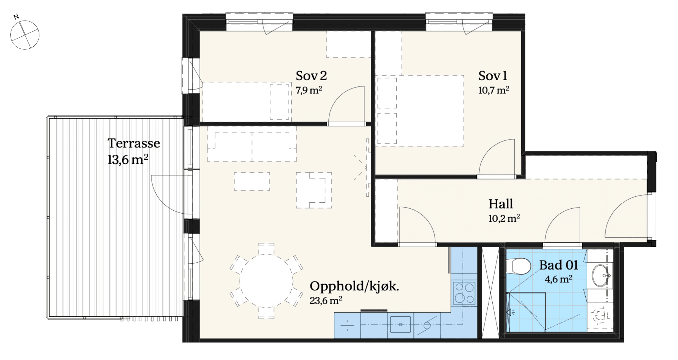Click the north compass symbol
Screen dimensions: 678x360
24,34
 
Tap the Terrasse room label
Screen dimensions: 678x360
134,143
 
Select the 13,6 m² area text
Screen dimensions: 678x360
128,160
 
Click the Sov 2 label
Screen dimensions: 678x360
311,76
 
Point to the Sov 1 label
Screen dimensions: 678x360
493,76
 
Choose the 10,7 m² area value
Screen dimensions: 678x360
494,90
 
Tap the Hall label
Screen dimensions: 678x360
501,204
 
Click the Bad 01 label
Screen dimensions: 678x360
558,265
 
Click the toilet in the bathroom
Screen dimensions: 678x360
518,266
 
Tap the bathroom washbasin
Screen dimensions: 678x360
601,275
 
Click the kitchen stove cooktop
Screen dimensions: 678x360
464,292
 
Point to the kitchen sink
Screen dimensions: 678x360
400,324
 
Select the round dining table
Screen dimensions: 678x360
266,281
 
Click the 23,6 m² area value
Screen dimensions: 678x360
326,300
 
